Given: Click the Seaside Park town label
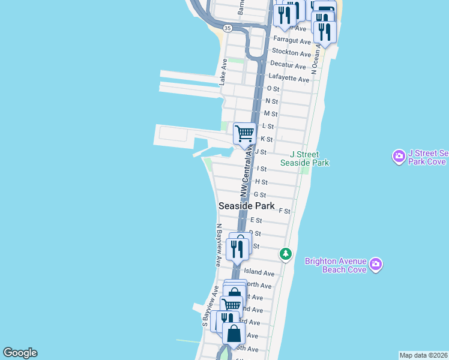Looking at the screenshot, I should pyautogui.click(x=247, y=206).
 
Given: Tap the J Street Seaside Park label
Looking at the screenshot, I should pyautogui.click(x=309, y=159).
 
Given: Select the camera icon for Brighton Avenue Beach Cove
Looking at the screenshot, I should pyautogui.click(x=376, y=265).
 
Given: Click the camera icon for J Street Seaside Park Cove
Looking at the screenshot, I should pyautogui.click(x=399, y=157).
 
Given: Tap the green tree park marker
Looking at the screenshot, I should pyautogui.click(x=286, y=254).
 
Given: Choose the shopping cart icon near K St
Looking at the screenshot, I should pyautogui.click(x=244, y=133).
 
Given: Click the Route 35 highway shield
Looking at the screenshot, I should pyautogui.click(x=227, y=28).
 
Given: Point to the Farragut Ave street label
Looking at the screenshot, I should pyautogui.click(x=292, y=41).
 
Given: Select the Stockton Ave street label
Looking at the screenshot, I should pyautogui.click(x=294, y=53).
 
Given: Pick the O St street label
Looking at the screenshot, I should pyautogui.click(x=273, y=89).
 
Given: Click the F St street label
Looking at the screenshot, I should pyautogui.click(x=285, y=211).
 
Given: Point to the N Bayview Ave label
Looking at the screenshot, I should pyautogui.click(x=219, y=245).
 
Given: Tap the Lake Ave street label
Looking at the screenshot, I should pyautogui.click(x=223, y=72).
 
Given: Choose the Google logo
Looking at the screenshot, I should pyautogui.click(x=20, y=353).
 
